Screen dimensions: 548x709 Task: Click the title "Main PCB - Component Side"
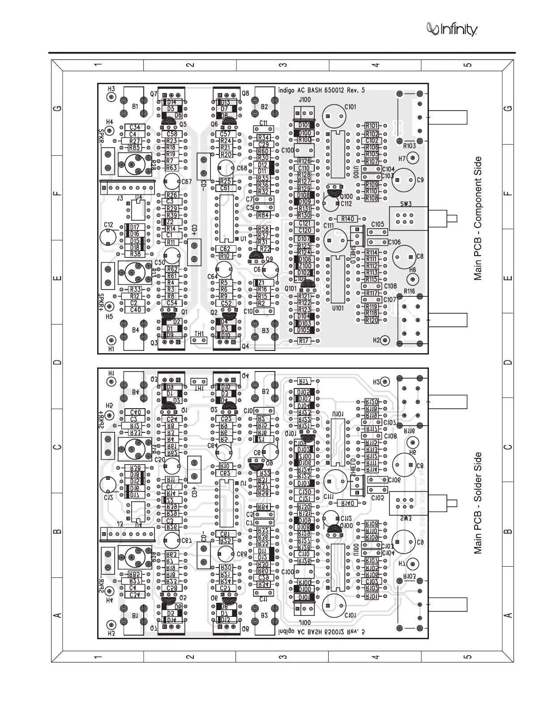point(478,218)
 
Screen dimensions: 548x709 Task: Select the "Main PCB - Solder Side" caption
point(478,503)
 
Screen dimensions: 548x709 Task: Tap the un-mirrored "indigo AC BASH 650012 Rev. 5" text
point(321,90)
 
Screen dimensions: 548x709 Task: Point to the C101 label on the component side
point(351,107)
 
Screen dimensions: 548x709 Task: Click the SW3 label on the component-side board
point(406,204)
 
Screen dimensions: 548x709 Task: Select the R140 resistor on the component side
point(348,219)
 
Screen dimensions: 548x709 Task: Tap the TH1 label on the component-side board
point(199,333)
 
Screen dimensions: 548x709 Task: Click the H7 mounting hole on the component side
point(412,158)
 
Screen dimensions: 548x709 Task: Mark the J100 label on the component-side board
point(304,99)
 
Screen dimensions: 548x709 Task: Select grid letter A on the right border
point(507,616)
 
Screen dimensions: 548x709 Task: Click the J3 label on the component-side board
point(120,197)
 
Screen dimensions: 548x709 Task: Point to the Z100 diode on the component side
point(304,266)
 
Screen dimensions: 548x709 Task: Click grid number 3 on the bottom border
point(282,657)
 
